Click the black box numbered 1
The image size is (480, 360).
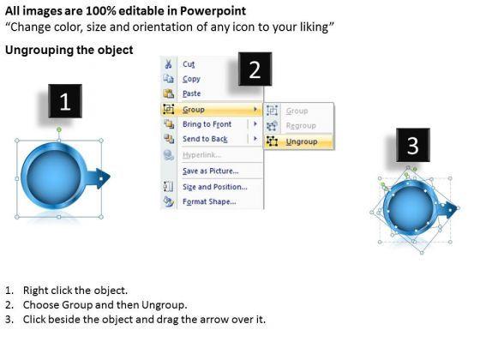[x=65, y=101]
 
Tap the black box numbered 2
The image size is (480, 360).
[x=255, y=69]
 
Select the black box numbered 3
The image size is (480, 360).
[x=413, y=145]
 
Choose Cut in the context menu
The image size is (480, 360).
[x=189, y=64]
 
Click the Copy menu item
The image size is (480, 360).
[x=191, y=79]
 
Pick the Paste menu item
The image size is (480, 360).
[x=192, y=93]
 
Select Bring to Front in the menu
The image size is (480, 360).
[x=207, y=124]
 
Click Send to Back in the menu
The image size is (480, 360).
[x=205, y=139]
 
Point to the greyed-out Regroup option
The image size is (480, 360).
[x=301, y=125]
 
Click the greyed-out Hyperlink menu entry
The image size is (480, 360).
[x=201, y=155]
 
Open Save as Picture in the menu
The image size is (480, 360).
[x=211, y=171]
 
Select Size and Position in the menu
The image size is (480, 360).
[x=215, y=187]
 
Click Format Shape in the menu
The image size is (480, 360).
[x=209, y=201]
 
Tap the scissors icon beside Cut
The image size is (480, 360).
[x=168, y=64]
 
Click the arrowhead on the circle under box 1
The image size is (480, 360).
[x=103, y=178]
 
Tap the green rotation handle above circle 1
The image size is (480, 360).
[x=59, y=129]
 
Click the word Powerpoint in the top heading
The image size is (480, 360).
[x=213, y=11]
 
